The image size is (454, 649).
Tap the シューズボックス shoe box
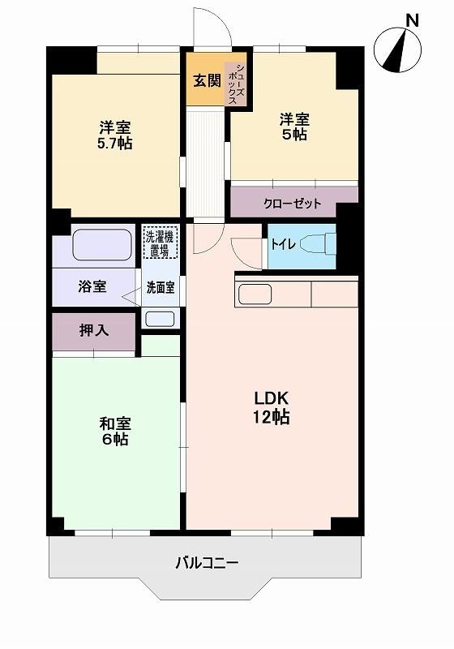point(236,84)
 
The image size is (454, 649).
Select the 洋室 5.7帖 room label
point(114,135)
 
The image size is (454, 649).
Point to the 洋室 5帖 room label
point(294,127)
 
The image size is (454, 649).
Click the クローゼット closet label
point(293,204)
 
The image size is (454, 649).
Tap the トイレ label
point(283,245)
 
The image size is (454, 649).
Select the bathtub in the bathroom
point(102,245)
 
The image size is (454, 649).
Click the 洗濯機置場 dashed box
point(161,243)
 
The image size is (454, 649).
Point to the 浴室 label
point(92,286)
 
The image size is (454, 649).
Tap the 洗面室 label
point(161,288)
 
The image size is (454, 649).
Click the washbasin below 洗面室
point(160,318)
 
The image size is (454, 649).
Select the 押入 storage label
point(94,330)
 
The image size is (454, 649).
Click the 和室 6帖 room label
point(115,432)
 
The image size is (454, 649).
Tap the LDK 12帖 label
point(272,408)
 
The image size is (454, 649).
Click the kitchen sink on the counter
point(255,294)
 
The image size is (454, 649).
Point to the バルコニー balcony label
point(207,563)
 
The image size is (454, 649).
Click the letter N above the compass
point(413,19)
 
